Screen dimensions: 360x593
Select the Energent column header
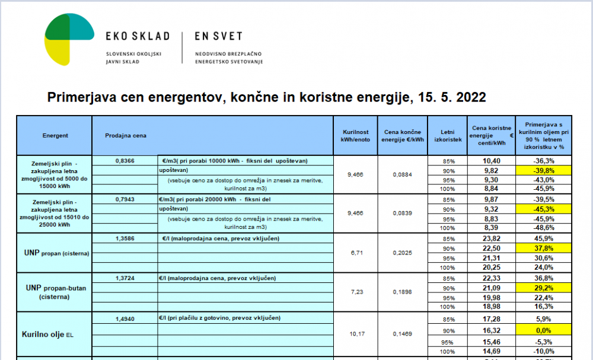(x=55, y=136)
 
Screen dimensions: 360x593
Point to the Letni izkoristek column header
(x=447, y=136)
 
